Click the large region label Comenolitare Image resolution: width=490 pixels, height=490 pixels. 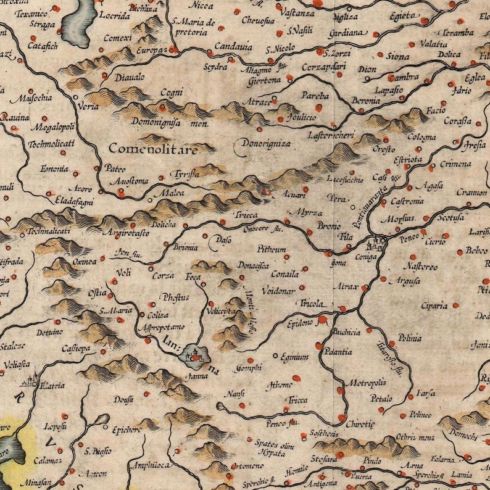[153, 149]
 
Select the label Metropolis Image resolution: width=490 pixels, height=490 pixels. [365, 383]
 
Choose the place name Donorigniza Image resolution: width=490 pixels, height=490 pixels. [266, 143]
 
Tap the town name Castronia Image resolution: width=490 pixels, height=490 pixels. [407, 201]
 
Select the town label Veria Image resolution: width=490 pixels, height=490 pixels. [89, 106]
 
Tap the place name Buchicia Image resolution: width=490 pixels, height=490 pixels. [346, 332]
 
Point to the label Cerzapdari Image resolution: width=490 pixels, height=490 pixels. [324, 67]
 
